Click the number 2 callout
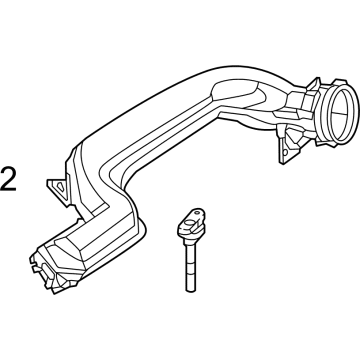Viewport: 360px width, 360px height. point(8,179)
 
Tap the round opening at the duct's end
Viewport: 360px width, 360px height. point(342,113)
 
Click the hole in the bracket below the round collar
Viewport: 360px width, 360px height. point(285,152)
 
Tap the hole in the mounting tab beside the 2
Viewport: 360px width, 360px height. point(61,187)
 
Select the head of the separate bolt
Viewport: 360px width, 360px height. point(191,224)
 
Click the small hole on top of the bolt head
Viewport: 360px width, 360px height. point(197,212)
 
